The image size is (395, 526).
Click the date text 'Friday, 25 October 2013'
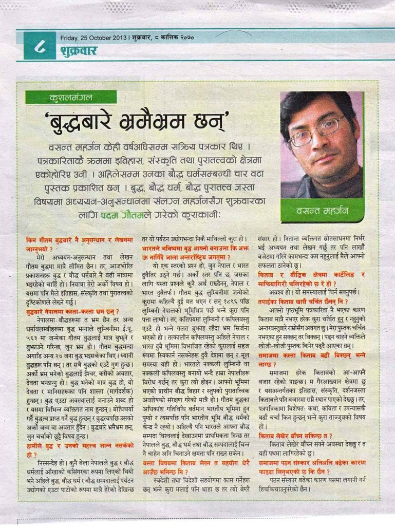(x=92, y=37)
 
